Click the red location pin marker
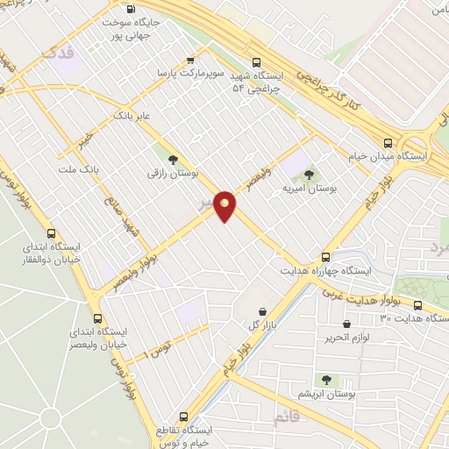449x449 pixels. [225, 206]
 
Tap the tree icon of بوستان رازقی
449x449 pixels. [172, 159]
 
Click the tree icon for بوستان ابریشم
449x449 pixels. [327, 380]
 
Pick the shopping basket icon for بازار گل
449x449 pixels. [262, 311]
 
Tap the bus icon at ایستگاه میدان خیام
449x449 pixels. [388, 142]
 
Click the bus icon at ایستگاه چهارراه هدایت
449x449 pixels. [326, 257]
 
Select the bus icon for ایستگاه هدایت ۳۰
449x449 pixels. [417, 306]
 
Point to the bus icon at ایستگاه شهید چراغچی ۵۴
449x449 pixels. [256, 62]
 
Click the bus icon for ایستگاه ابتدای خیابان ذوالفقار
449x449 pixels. [52, 234]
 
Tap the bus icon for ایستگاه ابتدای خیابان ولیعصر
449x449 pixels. [96, 319]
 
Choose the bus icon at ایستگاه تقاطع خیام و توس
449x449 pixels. [183, 417]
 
